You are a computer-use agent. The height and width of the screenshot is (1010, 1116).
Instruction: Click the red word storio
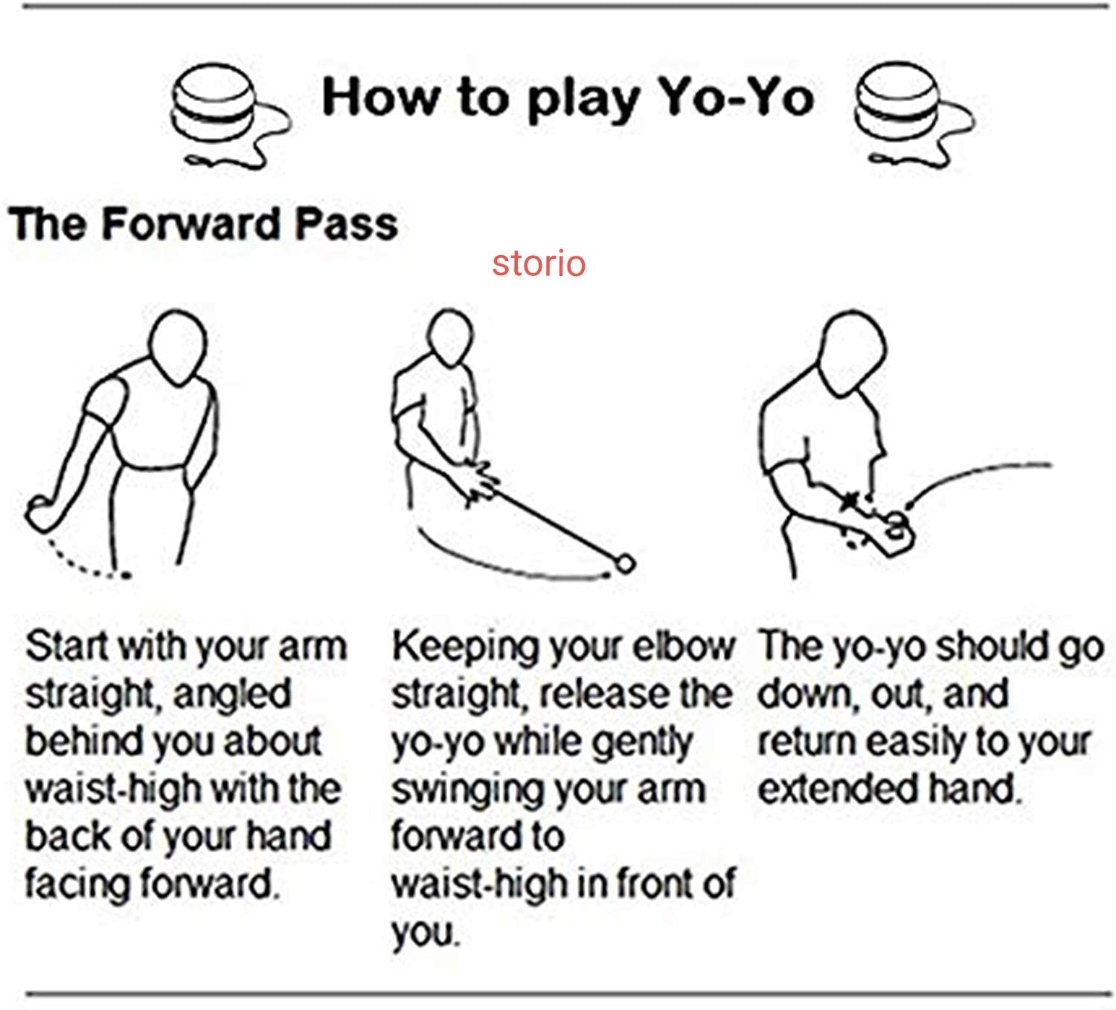539,263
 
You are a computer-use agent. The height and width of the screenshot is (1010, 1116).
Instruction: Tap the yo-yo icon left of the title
229,115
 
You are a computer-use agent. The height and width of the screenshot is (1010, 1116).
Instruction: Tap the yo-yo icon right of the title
914,115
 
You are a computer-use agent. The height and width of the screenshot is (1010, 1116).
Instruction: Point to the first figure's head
179,348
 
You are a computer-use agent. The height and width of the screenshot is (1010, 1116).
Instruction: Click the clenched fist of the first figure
43,512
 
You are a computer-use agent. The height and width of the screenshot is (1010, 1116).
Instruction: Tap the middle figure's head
450,336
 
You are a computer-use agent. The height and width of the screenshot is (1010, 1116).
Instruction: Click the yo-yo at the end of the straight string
625,563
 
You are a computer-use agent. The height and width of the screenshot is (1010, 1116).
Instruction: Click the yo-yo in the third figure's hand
896,526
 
